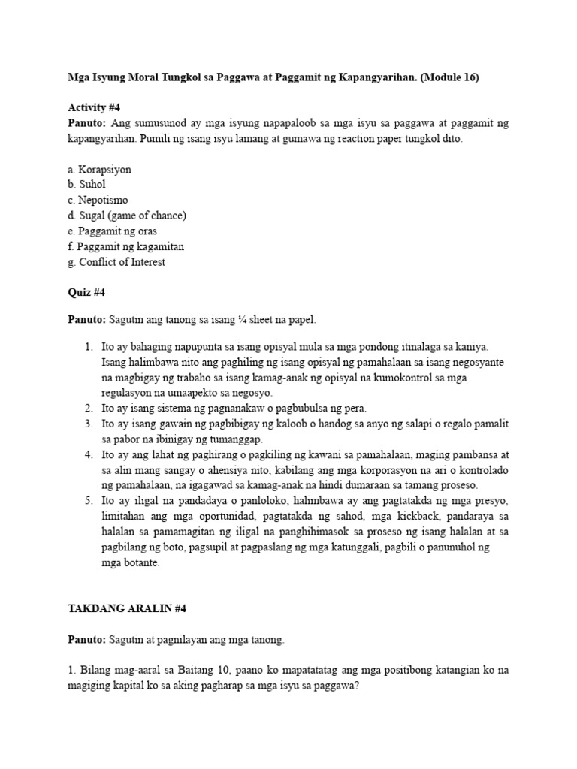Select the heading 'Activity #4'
pos(92,107)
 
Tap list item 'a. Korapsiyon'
pos(99,170)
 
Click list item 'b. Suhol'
pos(86,185)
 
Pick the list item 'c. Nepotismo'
pos(98,201)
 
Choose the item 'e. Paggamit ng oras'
pos(112,231)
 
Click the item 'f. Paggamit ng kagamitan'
pos(125,246)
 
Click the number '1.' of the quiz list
pos(89,346)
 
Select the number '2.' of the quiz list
pos(89,408)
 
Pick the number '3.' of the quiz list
pos(89,424)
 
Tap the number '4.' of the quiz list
pos(89,454)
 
